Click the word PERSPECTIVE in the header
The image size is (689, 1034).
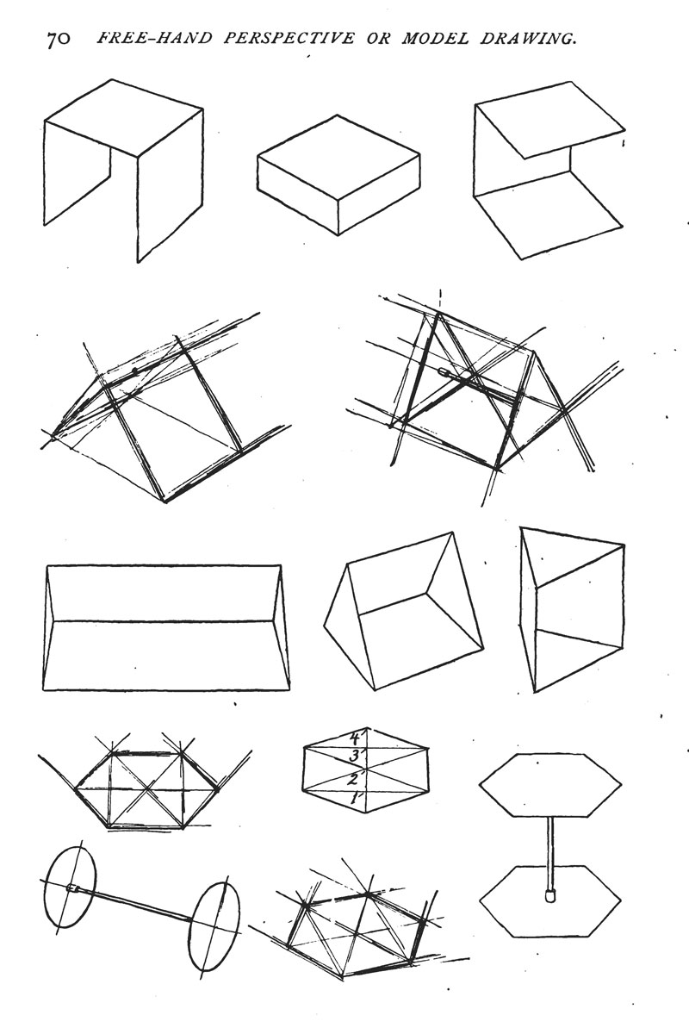tap(289, 39)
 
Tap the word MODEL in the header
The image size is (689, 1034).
tap(434, 39)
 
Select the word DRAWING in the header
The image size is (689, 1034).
tap(529, 39)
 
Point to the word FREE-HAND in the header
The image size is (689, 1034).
tap(154, 39)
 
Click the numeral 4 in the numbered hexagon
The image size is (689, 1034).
tap(356, 739)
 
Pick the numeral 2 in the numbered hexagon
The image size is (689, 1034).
tap(353, 780)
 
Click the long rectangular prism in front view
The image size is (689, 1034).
tap(166, 627)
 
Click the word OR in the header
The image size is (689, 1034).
tap(377, 39)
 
